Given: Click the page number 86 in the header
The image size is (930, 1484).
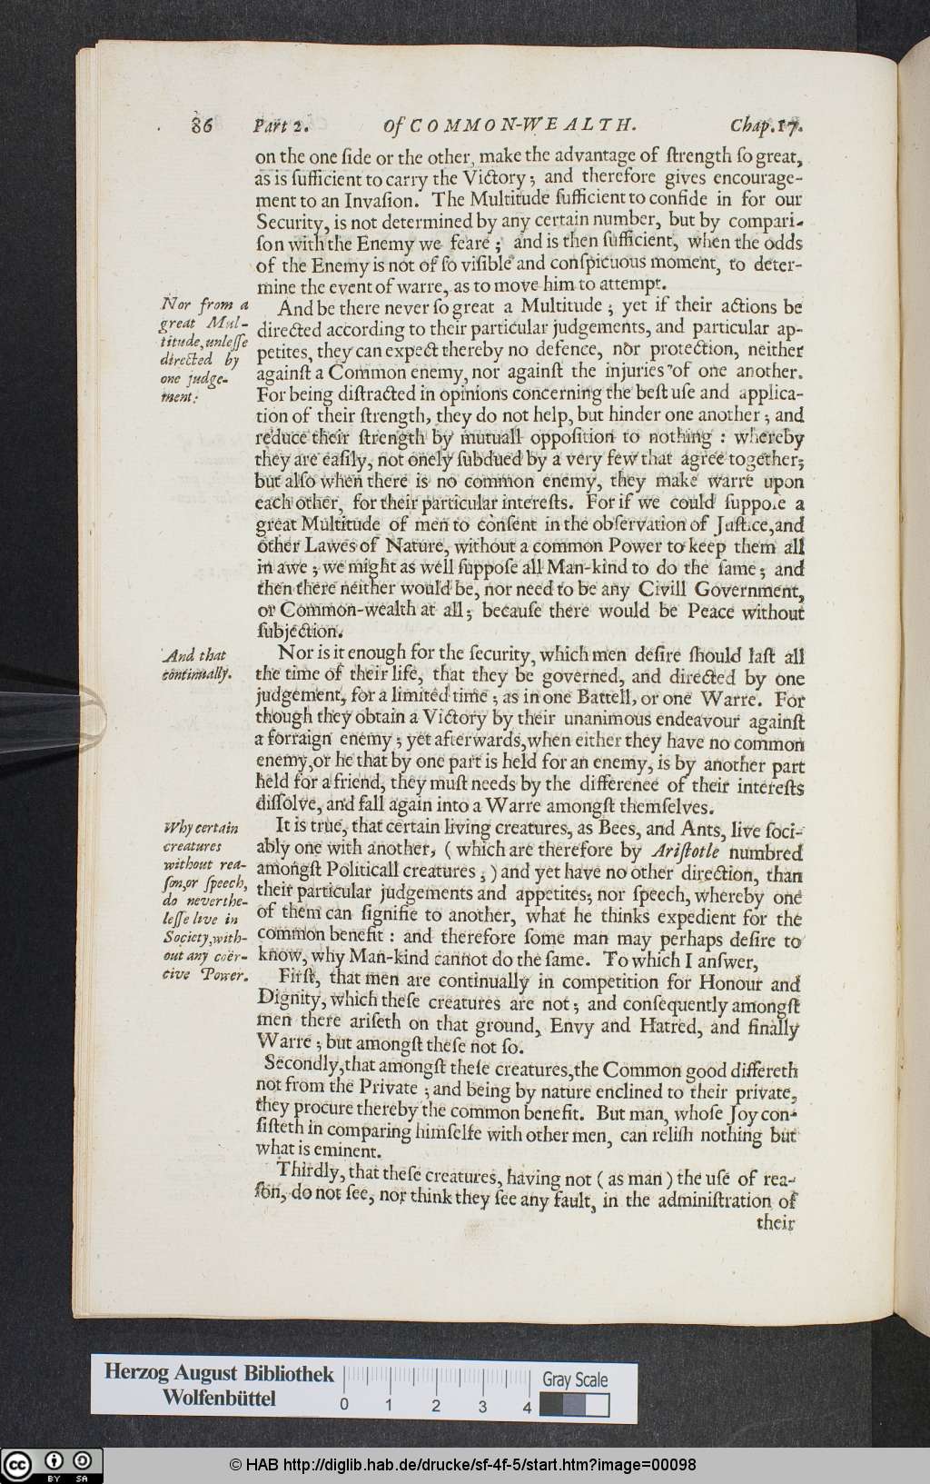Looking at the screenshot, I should [x=202, y=125].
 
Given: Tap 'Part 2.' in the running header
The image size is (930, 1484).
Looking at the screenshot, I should [x=282, y=125].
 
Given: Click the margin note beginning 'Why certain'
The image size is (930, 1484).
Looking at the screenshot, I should [x=205, y=901].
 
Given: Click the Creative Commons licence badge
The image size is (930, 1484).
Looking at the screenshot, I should [x=52, y=1464].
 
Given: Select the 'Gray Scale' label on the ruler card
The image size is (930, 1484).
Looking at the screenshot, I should [x=575, y=1379].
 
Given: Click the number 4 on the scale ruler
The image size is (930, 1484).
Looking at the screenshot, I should [x=527, y=1406].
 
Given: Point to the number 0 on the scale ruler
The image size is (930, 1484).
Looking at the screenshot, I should [x=344, y=1406].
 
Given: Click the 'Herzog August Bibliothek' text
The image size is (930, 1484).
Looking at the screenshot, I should [x=218, y=1374].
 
